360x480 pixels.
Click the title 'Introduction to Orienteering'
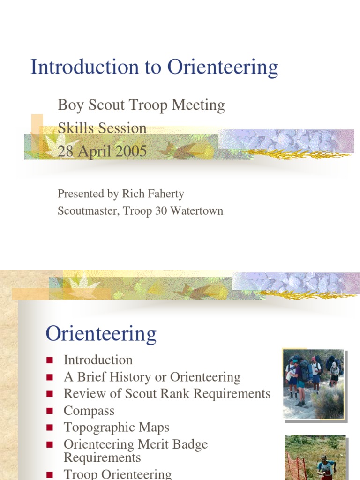pos(154,67)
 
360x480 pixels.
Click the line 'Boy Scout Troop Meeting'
pos(141,105)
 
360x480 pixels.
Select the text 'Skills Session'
pos(102,128)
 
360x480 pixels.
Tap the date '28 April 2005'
pos(102,151)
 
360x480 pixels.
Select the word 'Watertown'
pos(197,211)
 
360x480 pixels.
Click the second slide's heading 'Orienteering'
pos(101,334)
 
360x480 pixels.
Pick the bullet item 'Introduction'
pos(98,360)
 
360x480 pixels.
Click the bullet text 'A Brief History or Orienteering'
pos(152,377)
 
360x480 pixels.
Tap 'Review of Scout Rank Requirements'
pos(167,394)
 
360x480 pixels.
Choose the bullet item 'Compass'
pos(89,411)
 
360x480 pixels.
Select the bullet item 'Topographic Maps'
pos(116,427)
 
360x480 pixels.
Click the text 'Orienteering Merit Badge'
pos(135,444)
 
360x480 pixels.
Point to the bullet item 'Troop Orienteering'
pos(118,474)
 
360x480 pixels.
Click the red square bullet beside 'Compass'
pos(50,411)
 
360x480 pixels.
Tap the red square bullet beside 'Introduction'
pos(50,360)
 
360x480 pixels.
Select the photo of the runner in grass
pos(315,457)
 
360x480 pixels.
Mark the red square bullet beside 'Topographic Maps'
pos(50,428)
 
